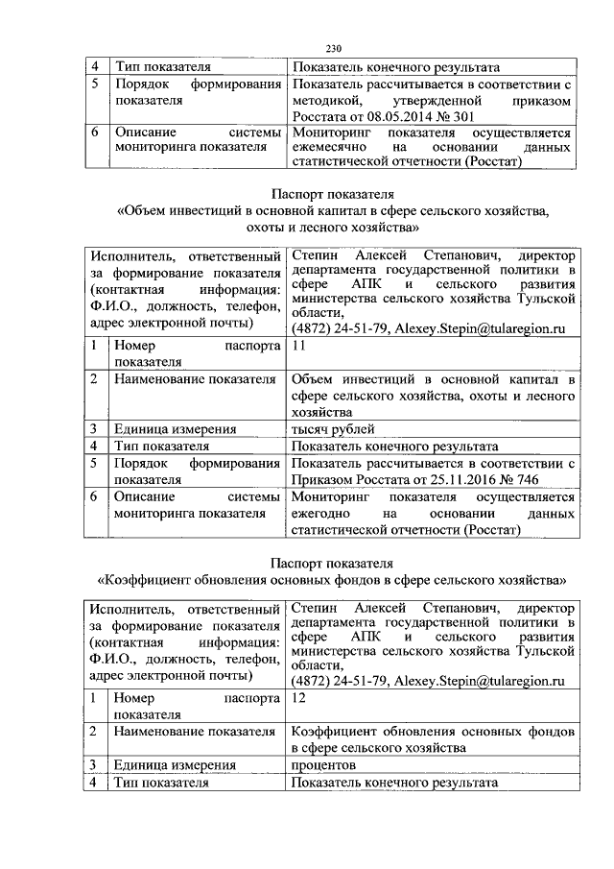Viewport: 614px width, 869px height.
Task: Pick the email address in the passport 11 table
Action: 480,328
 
